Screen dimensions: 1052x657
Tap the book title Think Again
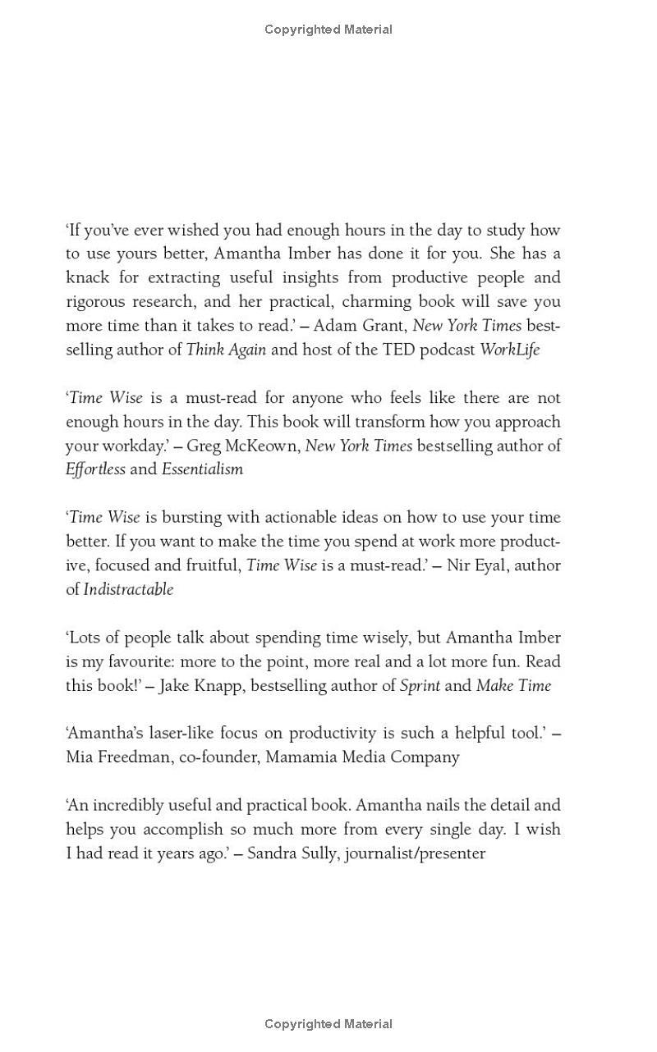(226, 350)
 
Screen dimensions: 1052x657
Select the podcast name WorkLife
(509, 350)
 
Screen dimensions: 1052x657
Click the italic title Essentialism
(202, 469)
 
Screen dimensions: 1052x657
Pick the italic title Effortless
(95, 469)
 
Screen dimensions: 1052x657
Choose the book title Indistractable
(128, 589)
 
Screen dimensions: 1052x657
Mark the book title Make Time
(513, 685)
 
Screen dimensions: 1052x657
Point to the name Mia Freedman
(118, 757)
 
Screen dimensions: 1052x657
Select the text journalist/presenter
(415, 853)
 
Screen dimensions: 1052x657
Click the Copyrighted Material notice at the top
(328, 30)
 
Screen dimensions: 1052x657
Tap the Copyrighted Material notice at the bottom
(328, 1024)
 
